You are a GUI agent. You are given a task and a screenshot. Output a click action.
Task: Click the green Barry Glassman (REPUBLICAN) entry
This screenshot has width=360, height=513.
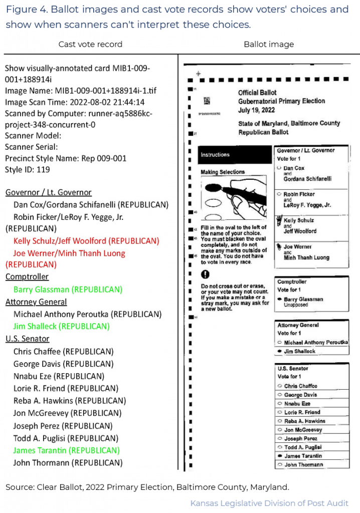(x=68, y=290)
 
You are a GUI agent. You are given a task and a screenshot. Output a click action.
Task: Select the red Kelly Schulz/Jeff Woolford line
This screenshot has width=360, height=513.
(x=86, y=241)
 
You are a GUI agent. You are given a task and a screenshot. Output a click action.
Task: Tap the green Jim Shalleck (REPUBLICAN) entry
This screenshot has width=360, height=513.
(x=61, y=326)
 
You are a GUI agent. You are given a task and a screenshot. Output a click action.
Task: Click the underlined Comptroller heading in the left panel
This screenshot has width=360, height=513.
(x=27, y=277)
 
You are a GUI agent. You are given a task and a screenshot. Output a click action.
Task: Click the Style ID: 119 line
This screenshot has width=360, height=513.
(x=27, y=169)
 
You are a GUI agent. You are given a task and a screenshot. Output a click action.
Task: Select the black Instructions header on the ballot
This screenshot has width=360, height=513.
(x=215, y=155)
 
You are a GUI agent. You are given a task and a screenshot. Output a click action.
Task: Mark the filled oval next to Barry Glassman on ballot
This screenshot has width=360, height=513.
(x=279, y=299)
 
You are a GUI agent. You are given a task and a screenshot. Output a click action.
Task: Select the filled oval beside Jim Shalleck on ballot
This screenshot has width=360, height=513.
(x=279, y=352)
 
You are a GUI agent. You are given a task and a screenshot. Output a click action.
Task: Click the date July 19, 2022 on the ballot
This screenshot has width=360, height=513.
(x=256, y=109)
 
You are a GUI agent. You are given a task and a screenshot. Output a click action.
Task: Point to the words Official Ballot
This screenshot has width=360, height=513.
(x=258, y=93)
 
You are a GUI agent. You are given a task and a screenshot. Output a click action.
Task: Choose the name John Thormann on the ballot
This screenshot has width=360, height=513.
(x=303, y=465)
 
